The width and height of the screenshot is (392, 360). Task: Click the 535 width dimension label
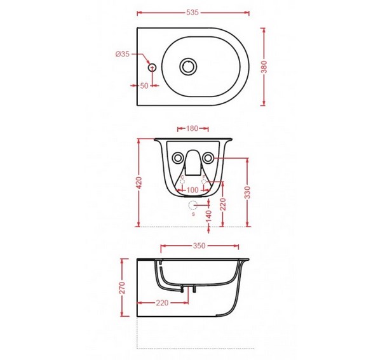tap(193, 13)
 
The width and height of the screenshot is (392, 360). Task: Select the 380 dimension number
tap(264, 67)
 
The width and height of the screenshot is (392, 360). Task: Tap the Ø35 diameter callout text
tap(123, 54)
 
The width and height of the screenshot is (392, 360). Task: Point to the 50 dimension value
tap(144, 86)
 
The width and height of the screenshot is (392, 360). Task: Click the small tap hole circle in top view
tap(152, 67)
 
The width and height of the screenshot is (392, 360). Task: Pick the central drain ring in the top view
tap(188, 67)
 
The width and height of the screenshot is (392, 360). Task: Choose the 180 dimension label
tap(193, 129)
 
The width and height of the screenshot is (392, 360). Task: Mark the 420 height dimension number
tap(139, 183)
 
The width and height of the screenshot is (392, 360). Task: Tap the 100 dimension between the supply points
tap(193, 190)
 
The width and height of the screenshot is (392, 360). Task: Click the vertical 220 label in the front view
tap(223, 204)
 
